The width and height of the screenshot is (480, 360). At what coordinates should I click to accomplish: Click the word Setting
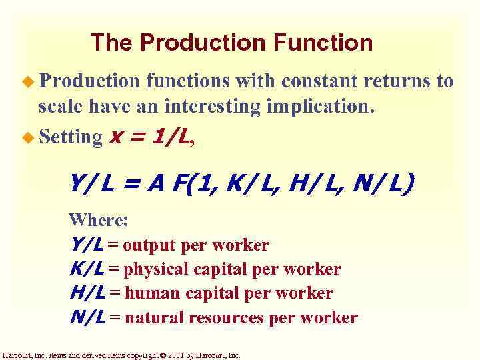tap(69, 137)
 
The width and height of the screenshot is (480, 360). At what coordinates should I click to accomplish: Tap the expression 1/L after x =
tap(172, 137)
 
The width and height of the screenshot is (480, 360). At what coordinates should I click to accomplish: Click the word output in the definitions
tap(151, 245)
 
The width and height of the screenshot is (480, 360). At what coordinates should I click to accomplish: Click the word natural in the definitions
tap(155, 318)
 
